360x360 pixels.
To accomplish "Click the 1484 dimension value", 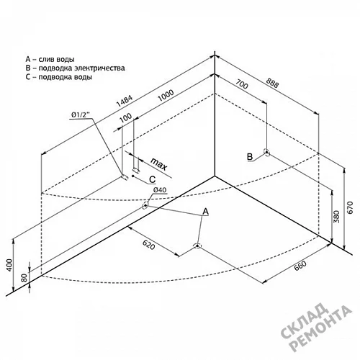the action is pyautogui.click(x=125, y=101).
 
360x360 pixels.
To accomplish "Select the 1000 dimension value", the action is pyautogui.click(x=166, y=96).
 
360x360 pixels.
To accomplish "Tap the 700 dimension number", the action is pyautogui.click(x=241, y=84).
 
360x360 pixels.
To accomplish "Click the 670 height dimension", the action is pyautogui.click(x=351, y=207).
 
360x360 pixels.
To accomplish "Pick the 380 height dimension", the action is pyautogui.click(x=337, y=217).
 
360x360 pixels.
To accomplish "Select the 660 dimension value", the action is pyautogui.click(x=300, y=266).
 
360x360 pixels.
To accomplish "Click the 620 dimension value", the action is pyautogui.click(x=149, y=244).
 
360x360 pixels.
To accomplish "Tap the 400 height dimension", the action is pyautogui.click(x=9, y=265).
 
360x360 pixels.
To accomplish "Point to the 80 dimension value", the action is pyautogui.click(x=24, y=278).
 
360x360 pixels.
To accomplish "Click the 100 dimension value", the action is pyautogui.click(x=125, y=118).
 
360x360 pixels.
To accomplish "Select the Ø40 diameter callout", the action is pyautogui.click(x=160, y=190).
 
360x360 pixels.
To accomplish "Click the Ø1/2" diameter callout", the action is pyautogui.click(x=81, y=115).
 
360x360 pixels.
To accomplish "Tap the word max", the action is pyautogui.click(x=158, y=164).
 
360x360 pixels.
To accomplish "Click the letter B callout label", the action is pyautogui.click(x=250, y=157).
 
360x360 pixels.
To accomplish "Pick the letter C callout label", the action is pyautogui.click(x=153, y=179).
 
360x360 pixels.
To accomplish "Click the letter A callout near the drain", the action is pyautogui.click(x=206, y=212).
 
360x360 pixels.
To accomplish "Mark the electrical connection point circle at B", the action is pyautogui.click(x=266, y=152).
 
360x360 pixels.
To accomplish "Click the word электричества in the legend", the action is pyautogui.click(x=99, y=68).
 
